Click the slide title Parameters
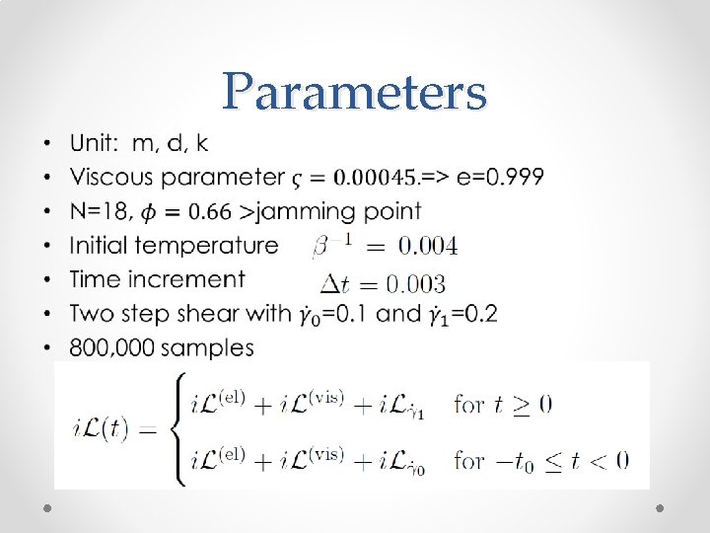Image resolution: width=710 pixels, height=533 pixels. (x=354, y=93)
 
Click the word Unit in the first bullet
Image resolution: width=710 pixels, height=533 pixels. (x=92, y=144)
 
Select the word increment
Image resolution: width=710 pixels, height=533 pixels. (x=192, y=279)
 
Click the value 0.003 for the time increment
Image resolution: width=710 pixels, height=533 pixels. (x=414, y=285)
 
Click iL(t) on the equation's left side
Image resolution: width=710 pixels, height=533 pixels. (x=101, y=430)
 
